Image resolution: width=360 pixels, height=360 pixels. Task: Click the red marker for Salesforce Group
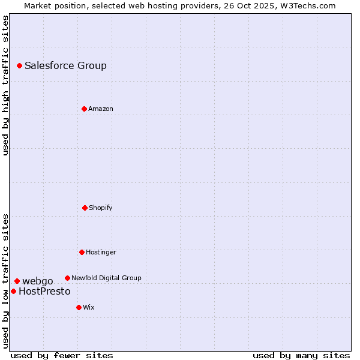[x=19, y=65]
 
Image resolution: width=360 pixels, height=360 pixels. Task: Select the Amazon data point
[x=84, y=109]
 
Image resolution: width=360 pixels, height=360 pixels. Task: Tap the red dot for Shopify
[x=85, y=208]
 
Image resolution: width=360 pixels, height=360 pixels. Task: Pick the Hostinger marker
[x=82, y=252]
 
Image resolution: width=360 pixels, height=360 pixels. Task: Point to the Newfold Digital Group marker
[x=67, y=278]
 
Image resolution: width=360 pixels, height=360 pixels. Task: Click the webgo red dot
[x=17, y=281]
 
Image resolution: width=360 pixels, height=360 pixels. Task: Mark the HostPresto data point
[x=13, y=291]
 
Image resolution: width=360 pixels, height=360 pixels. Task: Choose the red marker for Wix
[x=79, y=307]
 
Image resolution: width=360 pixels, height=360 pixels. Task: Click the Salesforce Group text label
[x=65, y=66]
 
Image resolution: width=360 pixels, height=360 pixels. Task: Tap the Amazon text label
[x=101, y=109]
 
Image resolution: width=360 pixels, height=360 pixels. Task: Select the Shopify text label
[x=101, y=208]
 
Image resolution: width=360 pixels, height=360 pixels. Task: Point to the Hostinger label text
[x=101, y=253]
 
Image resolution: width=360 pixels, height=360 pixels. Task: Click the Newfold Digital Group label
[x=106, y=278]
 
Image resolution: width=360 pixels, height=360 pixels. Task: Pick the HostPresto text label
[x=44, y=292]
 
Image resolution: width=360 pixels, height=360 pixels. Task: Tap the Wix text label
[x=89, y=308]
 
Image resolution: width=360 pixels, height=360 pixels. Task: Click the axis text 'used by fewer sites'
[x=62, y=355]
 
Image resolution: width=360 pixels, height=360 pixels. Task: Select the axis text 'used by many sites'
[x=301, y=355]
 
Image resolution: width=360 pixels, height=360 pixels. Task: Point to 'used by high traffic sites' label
[x=5, y=85]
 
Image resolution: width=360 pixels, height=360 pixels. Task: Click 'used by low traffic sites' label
[x=5, y=280]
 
